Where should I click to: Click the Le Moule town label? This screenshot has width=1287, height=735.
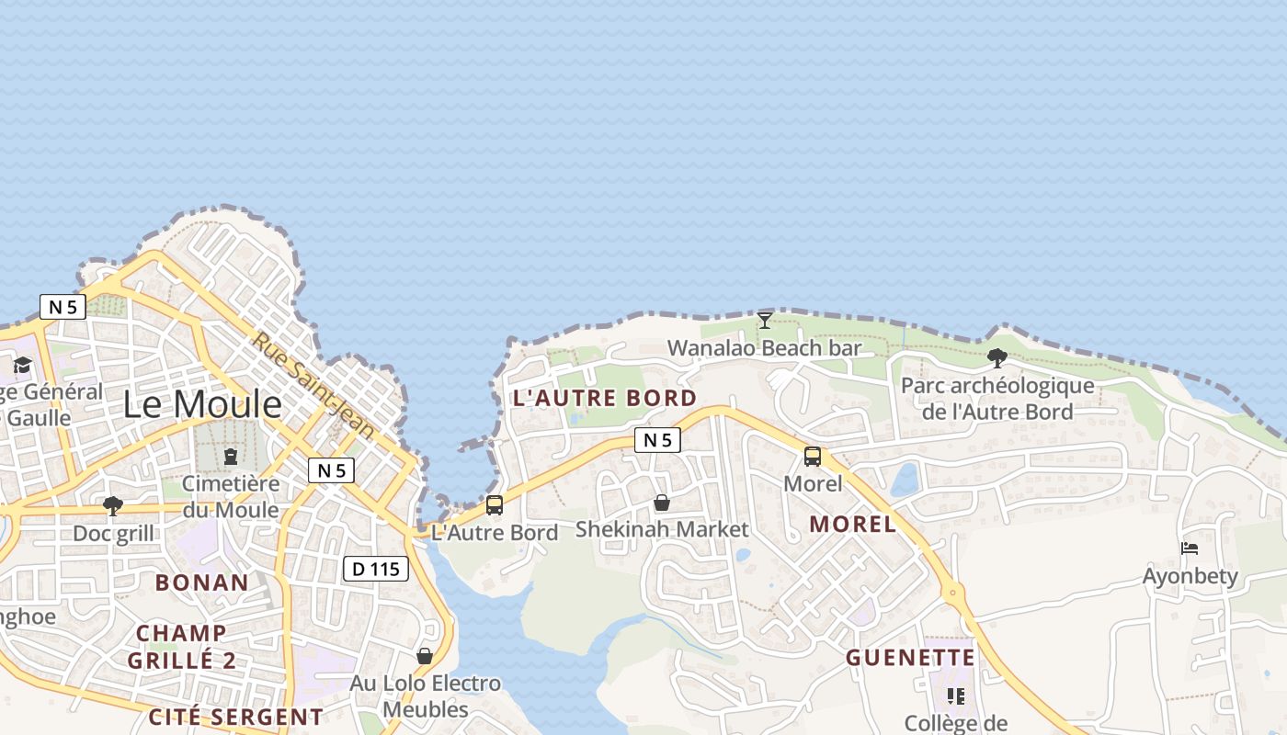click(202, 404)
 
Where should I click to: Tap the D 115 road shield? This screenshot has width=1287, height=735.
click(376, 569)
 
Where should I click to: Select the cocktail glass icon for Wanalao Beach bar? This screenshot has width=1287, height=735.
click(765, 321)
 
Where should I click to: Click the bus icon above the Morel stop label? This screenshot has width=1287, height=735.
click(813, 457)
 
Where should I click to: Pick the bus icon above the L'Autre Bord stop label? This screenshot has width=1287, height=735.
click(495, 505)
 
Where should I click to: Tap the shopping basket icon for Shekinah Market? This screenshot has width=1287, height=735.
click(661, 503)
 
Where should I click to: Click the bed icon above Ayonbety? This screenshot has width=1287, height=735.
click(1190, 549)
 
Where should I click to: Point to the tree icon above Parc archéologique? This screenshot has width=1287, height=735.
click(997, 358)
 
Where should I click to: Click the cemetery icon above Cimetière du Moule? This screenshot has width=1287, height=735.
click(231, 457)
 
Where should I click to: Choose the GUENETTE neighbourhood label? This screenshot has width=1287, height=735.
click(910, 658)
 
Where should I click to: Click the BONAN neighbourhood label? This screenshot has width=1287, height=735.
click(202, 582)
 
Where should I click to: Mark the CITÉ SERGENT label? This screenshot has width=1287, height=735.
click(236, 717)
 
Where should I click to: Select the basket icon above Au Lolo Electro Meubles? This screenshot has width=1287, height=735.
click(425, 656)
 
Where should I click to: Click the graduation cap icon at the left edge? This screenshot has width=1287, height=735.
click(22, 366)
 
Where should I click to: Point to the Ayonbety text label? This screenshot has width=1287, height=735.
click(1190, 577)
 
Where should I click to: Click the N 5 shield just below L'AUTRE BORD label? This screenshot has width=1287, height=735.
click(657, 441)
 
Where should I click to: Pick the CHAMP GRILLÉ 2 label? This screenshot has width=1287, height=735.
click(182, 647)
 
